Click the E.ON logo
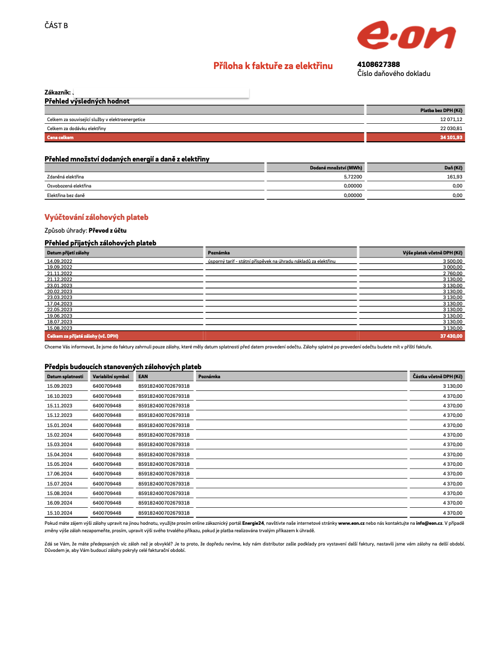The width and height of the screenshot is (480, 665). [x=406, y=36]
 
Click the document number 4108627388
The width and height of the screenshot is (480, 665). [x=379, y=64]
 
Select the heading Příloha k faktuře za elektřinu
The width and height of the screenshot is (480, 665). [x=273, y=66]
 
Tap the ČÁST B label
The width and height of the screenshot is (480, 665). [x=56, y=25]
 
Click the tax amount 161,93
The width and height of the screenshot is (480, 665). [x=455, y=177]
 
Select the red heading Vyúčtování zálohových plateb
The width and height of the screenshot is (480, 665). [x=97, y=217]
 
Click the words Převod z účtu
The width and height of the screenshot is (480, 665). [x=107, y=231]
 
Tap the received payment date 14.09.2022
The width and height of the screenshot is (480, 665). [x=59, y=261]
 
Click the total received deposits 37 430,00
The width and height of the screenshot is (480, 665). [x=451, y=336]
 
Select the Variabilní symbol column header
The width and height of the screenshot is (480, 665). [x=111, y=377]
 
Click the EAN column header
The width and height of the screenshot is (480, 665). [x=143, y=377]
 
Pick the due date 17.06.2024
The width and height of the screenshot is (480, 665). [x=59, y=474]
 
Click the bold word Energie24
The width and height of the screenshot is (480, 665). [x=253, y=523]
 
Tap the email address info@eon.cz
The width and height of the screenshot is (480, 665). [x=430, y=523]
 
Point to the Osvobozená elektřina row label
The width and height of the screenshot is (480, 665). [x=69, y=186]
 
